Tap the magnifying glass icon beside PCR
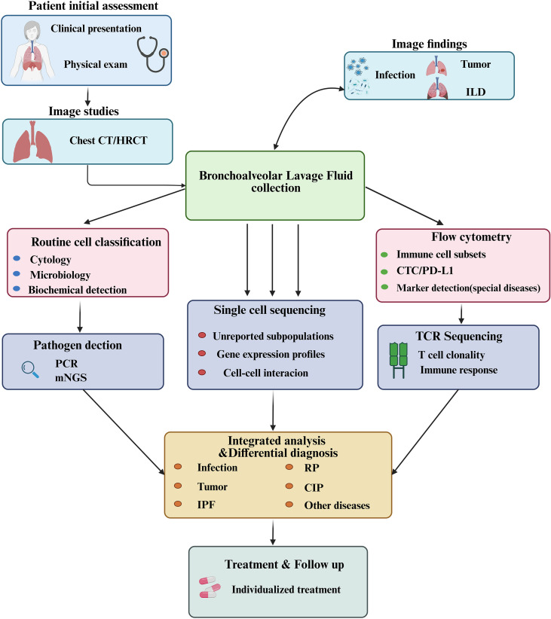[x=30, y=370]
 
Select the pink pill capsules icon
[x=210, y=587]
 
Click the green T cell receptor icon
[x=399, y=360]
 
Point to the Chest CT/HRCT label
[x=109, y=141]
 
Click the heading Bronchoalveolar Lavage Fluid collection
[x=276, y=181]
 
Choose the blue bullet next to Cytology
[x=17, y=258]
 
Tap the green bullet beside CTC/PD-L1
[x=384, y=272]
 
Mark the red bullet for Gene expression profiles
[x=202, y=353]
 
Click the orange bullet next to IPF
[x=178, y=504]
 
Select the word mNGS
[x=71, y=378]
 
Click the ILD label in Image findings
[x=476, y=92]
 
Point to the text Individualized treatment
[x=286, y=590]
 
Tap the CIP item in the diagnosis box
[x=314, y=488]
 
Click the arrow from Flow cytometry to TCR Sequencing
[x=461, y=313]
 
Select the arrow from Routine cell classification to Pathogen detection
[x=80, y=317]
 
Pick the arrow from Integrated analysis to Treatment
[x=273, y=532]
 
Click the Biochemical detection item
[x=78, y=290]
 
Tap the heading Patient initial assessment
[x=93, y=6]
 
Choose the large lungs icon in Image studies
[x=33, y=142]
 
